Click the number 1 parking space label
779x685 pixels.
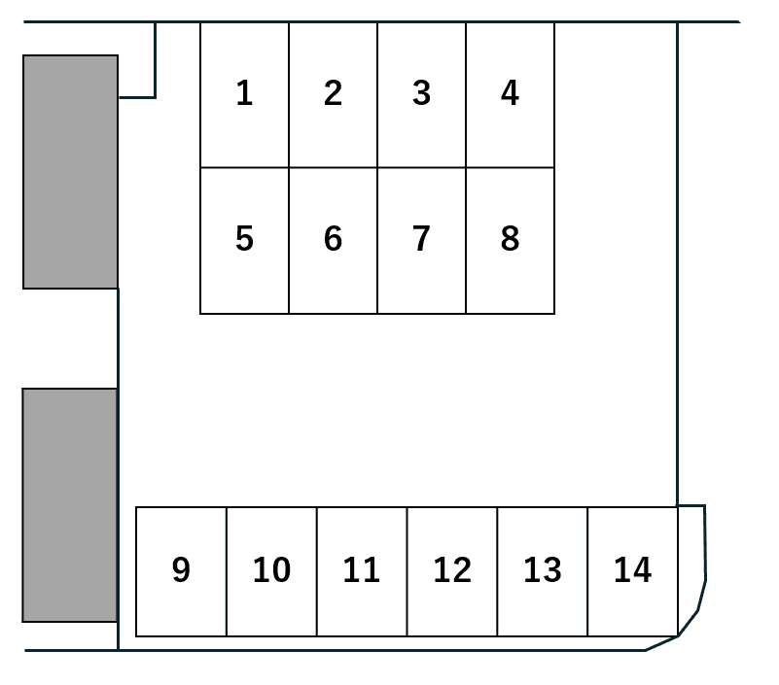[x=244, y=93]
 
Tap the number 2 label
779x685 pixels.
[x=333, y=93]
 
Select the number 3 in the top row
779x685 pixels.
[x=421, y=93]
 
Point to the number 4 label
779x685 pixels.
[x=510, y=93]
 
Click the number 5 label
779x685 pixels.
[x=244, y=239]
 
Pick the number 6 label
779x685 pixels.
[x=333, y=239]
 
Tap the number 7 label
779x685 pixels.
[x=421, y=239]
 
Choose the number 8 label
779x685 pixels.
[x=510, y=239]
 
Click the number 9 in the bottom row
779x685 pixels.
[x=181, y=569]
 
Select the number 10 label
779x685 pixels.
[x=271, y=569]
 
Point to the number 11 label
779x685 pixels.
[x=362, y=569]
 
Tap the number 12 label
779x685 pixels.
[x=452, y=569]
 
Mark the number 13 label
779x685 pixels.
[x=543, y=569]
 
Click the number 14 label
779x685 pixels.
[x=632, y=569]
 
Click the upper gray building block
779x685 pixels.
[x=71, y=172]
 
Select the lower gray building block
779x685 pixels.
[x=70, y=505]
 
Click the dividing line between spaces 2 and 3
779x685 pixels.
[x=377, y=95]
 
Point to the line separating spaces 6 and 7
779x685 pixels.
[x=377, y=241]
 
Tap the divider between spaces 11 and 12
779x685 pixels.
[x=407, y=572]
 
